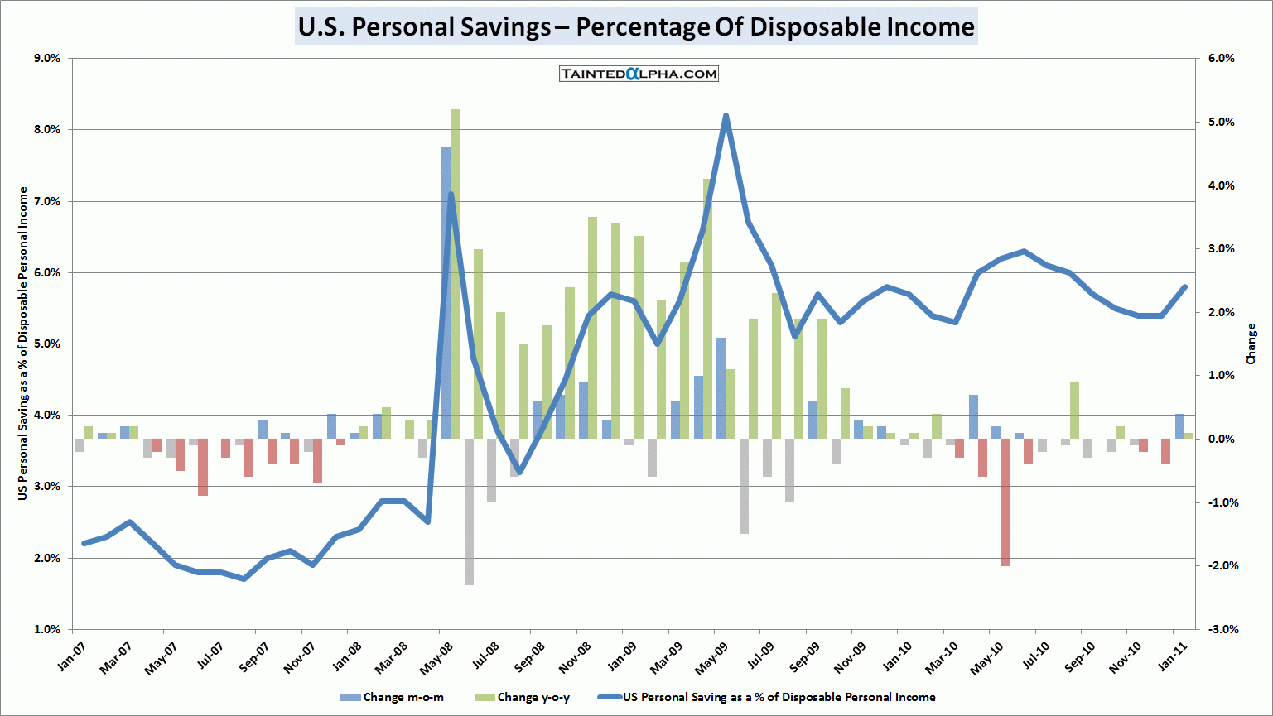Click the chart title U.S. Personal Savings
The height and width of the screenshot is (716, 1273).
(636, 26)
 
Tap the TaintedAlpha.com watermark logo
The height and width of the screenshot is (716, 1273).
(639, 74)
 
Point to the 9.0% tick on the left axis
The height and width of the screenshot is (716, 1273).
(47, 58)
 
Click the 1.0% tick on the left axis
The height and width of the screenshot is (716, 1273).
(47, 629)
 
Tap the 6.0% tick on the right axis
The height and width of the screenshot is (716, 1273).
(1222, 58)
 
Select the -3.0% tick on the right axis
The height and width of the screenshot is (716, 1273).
(1220, 629)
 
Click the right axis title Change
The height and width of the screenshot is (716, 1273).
(1251, 344)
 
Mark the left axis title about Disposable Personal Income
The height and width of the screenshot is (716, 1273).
(23, 344)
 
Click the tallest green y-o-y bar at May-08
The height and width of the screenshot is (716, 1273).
(455, 273)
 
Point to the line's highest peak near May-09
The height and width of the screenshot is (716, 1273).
(726, 116)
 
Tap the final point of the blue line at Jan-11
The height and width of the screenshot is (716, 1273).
(1184, 286)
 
